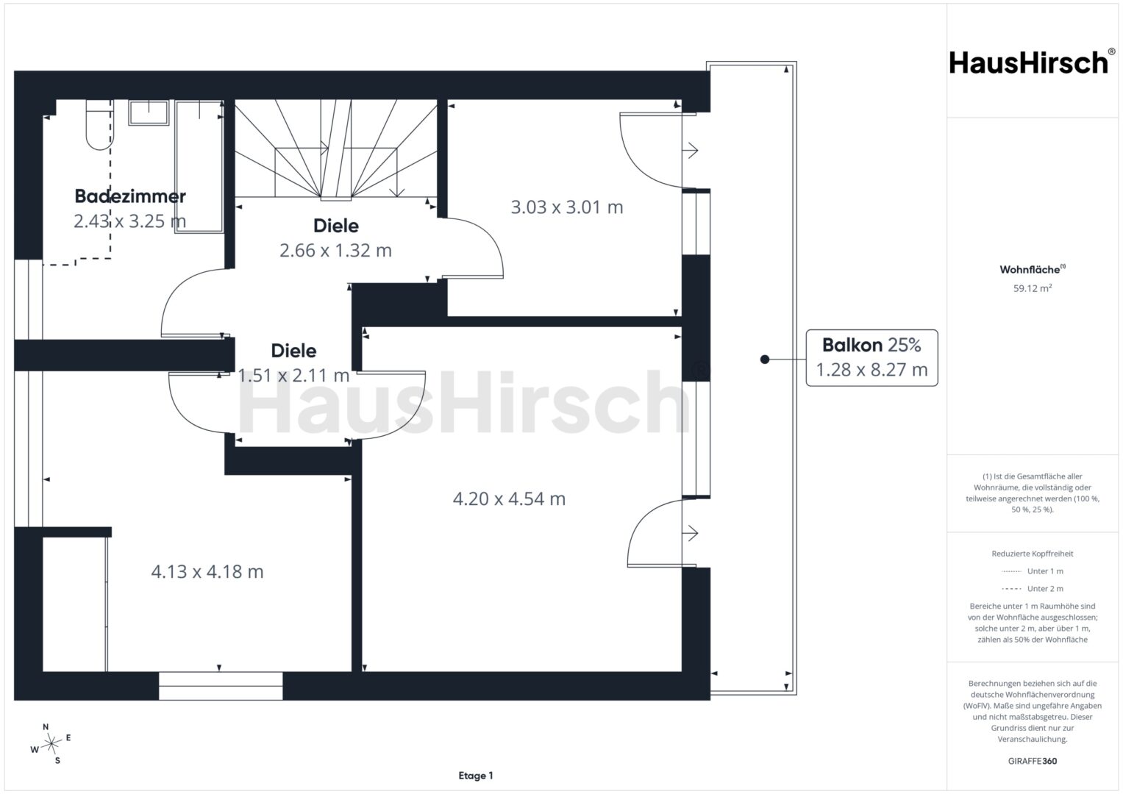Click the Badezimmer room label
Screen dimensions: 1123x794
(130, 196)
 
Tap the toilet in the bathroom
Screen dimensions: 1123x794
(100, 124)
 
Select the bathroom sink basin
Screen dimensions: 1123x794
(149, 112)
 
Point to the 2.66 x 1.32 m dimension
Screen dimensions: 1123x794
(335, 250)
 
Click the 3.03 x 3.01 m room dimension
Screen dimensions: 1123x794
(566, 207)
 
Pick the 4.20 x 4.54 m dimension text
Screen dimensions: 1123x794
(509, 498)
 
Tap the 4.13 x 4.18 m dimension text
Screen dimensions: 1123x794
(207, 571)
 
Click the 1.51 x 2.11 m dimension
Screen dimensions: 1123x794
(293, 375)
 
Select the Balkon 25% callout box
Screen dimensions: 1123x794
(871, 358)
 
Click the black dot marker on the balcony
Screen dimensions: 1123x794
(765, 360)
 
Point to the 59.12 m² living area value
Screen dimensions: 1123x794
(1033, 288)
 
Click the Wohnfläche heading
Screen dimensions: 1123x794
(1033, 269)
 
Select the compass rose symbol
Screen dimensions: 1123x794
(51, 744)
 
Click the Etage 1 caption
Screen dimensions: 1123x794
(476, 776)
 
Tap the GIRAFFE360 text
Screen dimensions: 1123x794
(1033, 761)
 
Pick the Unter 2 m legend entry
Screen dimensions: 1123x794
(1033, 588)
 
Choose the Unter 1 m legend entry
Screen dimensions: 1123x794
(1033, 571)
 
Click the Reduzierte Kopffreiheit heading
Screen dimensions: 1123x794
(1033, 554)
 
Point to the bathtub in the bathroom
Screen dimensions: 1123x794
(199, 166)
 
